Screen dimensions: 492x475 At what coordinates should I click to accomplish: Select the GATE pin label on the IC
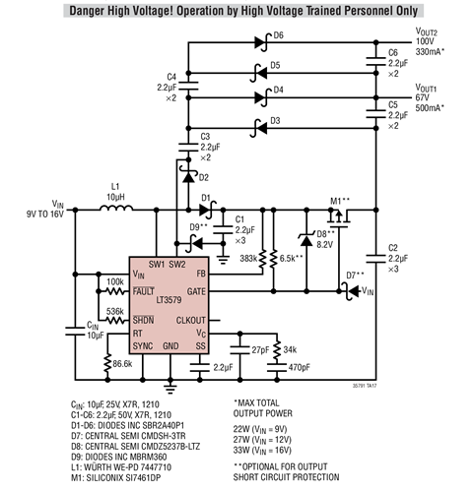(197, 291)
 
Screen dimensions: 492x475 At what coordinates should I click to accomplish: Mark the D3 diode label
(277, 120)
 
